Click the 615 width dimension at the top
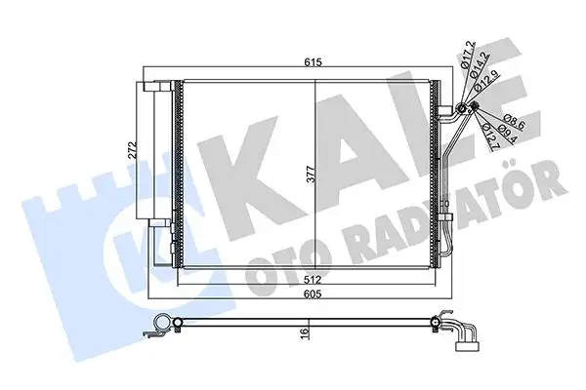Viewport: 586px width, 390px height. click(310, 62)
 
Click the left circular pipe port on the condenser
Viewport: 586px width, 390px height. click(462, 107)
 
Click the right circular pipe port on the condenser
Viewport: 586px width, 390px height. click(476, 108)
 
